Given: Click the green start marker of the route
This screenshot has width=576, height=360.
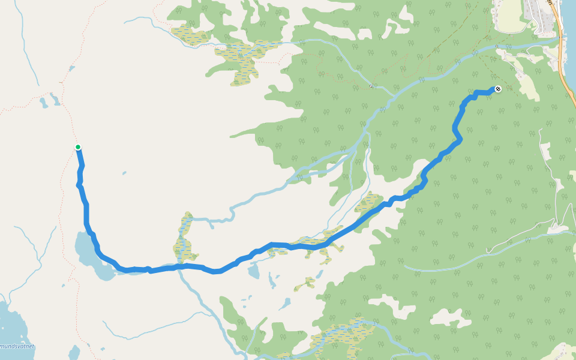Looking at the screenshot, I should (78, 147).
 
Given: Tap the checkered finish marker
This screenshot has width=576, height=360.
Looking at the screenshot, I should (497, 89).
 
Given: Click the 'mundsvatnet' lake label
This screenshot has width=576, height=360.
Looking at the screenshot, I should (17, 346).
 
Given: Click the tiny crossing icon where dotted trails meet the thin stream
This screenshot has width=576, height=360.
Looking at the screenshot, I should (371, 86).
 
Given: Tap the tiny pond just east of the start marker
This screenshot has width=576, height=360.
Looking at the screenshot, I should (124, 174).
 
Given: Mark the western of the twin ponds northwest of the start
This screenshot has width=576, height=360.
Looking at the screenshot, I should (44, 103).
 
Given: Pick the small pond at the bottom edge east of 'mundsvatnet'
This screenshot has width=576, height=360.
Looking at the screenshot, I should (74, 352).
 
